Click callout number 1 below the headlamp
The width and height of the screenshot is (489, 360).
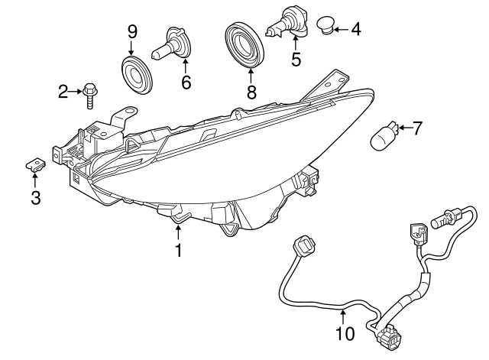point(178,250)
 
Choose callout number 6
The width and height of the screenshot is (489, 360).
point(186,81)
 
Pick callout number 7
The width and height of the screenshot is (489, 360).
point(416,128)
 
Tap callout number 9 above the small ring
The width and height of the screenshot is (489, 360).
point(132,31)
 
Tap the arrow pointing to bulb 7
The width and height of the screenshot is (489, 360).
point(403,128)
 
